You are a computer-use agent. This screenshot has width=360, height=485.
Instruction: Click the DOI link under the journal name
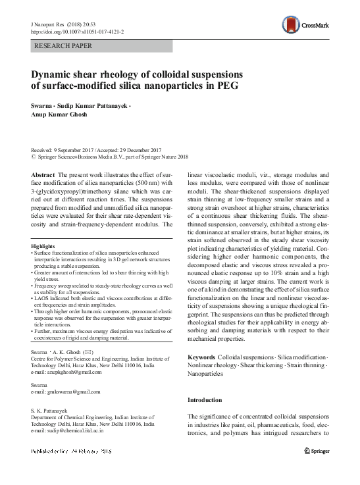point(78,30)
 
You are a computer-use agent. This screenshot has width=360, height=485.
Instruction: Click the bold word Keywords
point(202,356)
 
